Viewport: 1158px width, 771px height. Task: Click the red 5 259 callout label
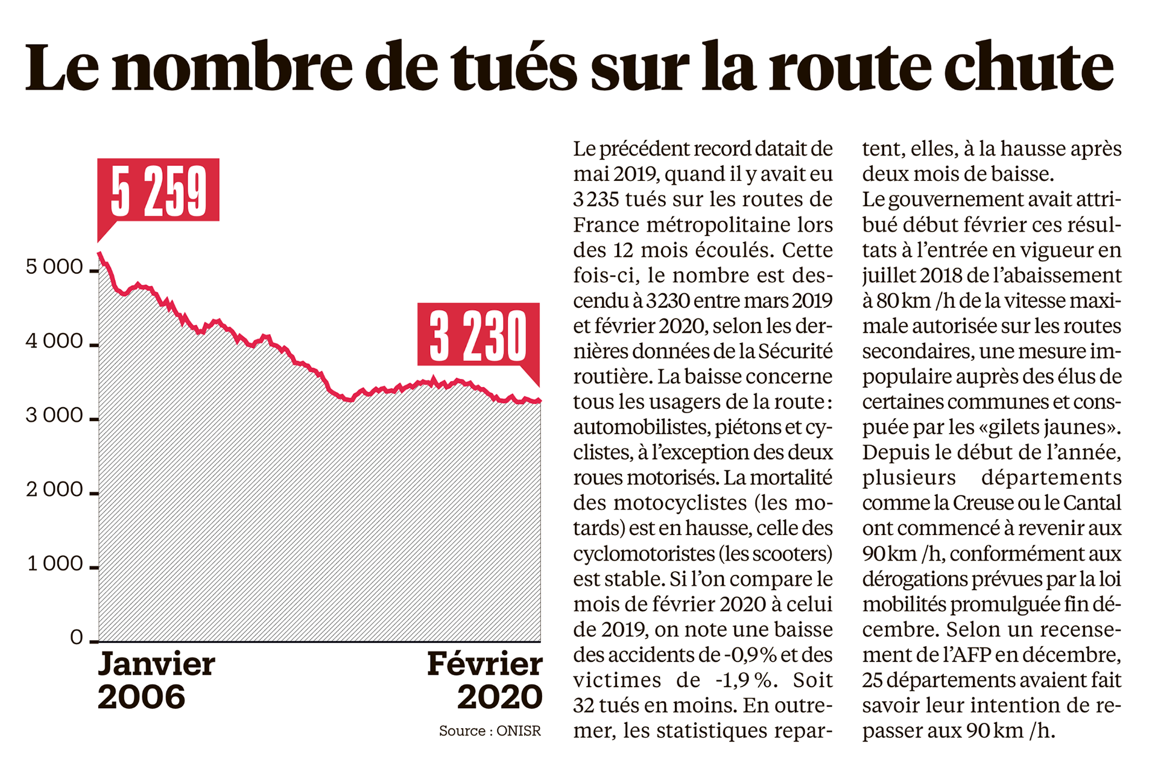point(159,190)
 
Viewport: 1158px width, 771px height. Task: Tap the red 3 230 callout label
point(478,334)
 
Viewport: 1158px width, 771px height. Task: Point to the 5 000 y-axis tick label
point(54,266)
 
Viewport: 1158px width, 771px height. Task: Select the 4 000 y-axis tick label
point(54,341)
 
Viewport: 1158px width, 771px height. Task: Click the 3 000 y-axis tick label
point(54,415)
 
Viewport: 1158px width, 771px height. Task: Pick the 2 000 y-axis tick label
point(54,489)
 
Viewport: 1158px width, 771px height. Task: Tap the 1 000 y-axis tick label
point(55,563)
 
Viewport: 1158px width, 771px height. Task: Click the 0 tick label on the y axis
point(77,637)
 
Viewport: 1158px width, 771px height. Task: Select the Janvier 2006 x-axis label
point(156,680)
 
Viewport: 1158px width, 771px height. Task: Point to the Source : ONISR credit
point(490,731)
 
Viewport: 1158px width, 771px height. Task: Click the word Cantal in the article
point(1092,503)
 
